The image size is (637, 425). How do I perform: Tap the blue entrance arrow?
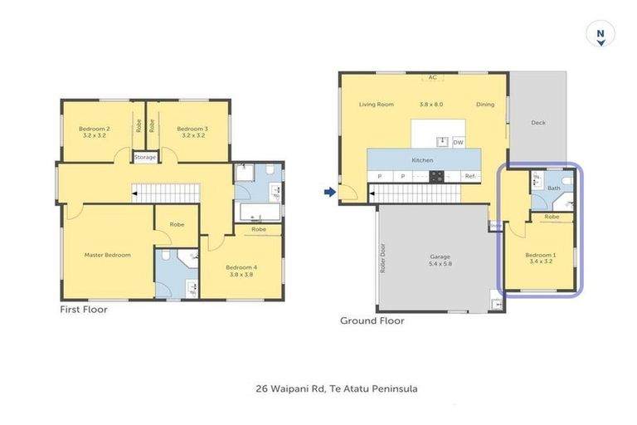[329, 193]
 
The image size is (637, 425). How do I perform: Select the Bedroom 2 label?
[95, 132]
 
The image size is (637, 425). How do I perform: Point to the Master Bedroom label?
[108, 255]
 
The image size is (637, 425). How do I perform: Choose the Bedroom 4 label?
[241, 270]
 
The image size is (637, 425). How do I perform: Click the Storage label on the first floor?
[145, 157]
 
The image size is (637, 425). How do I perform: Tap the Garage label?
[440, 260]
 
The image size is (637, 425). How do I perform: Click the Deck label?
[538, 123]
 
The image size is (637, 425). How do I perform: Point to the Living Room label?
[376, 105]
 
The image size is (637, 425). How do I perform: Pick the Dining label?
[485, 105]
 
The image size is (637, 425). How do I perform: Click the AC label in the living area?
[432, 78]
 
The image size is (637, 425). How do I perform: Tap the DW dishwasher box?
[458, 142]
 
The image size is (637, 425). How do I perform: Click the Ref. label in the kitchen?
[469, 176]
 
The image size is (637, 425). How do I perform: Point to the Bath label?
[554, 189]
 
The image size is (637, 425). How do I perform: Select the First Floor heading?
[84, 309]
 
